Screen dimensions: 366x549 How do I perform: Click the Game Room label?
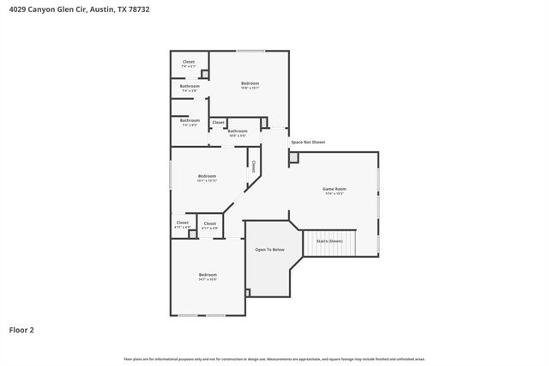334,189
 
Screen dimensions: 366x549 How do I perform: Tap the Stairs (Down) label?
329,241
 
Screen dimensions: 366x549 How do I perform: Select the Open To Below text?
269,249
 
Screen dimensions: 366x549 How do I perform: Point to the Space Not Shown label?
308,142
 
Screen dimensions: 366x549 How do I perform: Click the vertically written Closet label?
254,166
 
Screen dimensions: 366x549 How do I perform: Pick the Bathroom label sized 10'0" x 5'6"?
238,131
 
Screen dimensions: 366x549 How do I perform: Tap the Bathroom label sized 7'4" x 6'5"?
190,121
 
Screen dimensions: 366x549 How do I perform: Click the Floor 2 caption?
21,329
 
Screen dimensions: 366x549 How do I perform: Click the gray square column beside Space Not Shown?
293,158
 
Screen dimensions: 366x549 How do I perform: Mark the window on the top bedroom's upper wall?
250,51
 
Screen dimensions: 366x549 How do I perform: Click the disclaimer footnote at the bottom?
274,358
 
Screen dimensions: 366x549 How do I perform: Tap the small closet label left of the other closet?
183,223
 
